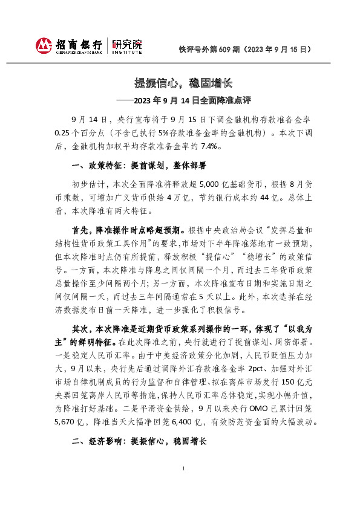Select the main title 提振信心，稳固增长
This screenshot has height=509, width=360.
click(179, 83)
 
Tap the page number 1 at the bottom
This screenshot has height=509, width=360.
click(183, 486)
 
